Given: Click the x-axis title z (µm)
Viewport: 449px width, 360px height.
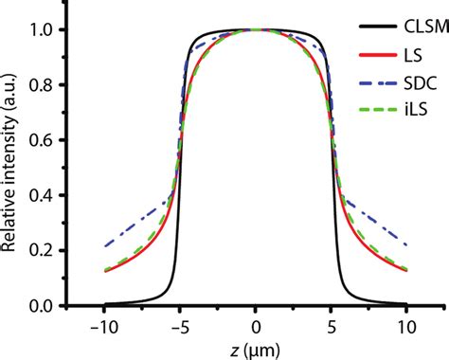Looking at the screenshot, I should [256, 350].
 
